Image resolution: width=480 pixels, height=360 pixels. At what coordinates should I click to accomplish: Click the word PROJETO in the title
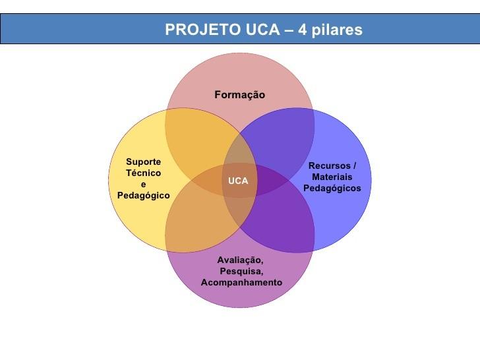pyautogui.click(x=195, y=30)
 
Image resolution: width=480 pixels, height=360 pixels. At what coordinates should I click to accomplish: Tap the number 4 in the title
pyautogui.click(x=302, y=30)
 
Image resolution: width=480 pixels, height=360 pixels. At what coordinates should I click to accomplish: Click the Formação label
pyautogui.click(x=239, y=95)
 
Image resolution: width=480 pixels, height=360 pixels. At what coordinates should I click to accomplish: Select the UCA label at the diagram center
pyautogui.click(x=238, y=181)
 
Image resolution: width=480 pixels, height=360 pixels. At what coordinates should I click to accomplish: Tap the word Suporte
pyautogui.click(x=143, y=162)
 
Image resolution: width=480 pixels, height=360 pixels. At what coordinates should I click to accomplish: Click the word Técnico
pyautogui.click(x=143, y=173)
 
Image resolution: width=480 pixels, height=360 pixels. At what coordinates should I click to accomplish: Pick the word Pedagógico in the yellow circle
pyautogui.click(x=143, y=196)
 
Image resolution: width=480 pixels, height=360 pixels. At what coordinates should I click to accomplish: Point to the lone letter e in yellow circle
pyautogui.click(x=143, y=185)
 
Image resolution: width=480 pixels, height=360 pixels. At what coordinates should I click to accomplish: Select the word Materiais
pyautogui.click(x=332, y=177)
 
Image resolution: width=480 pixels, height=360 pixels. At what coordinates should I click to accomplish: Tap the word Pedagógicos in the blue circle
pyautogui.click(x=332, y=188)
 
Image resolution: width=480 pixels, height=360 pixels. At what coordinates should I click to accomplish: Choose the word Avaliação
pyautogui.click(x=241, y=260)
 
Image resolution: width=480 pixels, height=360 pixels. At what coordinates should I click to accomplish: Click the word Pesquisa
pyautogui.click(x=241, y=271)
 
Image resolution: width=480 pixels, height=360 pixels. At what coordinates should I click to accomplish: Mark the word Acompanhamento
pyautogui.click(x=241, y=282)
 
